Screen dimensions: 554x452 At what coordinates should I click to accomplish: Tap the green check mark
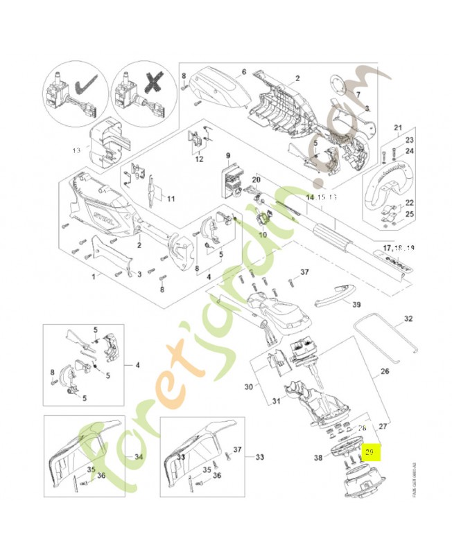(x=87, y=86)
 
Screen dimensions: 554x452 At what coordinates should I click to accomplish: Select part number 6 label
(x=243, y=71)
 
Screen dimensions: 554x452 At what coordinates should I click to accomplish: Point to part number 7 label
(x=358, y=93)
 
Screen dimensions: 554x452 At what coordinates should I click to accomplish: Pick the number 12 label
(x=200, y=160)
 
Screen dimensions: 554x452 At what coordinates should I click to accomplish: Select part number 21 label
(x=398, y=127)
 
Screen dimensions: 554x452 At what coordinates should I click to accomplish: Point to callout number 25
(x=409, y=215)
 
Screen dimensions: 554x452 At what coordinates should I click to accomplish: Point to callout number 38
(x=318, y=458)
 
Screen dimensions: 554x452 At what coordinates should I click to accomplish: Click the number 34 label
(x=138, y=457)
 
